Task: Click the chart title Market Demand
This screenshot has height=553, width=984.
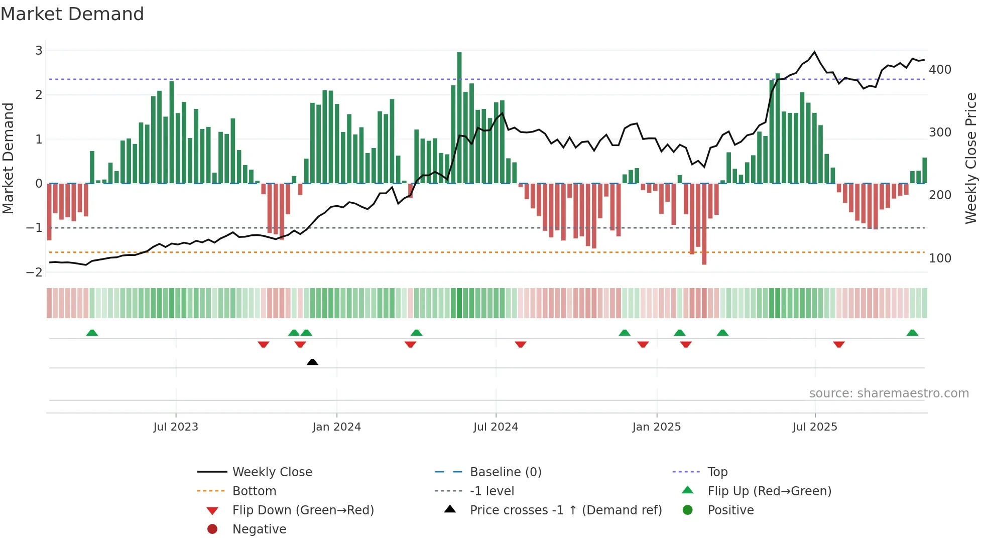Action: coord(72,14)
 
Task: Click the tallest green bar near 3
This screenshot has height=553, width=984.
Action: coord(459,117)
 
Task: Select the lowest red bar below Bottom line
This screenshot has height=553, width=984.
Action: coord(704,224)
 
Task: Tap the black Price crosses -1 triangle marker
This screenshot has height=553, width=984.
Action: coord(312,362)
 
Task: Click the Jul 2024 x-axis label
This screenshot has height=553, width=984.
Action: coord(496,427)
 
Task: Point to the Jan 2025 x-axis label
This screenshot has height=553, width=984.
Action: coord(656,427)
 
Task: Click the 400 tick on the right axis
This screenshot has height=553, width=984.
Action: coord(940,70)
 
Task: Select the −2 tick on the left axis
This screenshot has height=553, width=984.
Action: coord(35,272)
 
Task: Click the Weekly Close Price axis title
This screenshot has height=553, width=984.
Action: coord(971,158)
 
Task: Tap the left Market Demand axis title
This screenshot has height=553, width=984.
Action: coord(9,158)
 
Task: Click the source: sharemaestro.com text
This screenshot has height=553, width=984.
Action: coord(889,393)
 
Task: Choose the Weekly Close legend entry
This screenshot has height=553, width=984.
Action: coord(272,472)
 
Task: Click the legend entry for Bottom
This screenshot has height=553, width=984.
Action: coord(254,491)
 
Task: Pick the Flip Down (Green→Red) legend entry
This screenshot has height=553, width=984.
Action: coord(303,510)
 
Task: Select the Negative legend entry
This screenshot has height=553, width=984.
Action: coord(259,529)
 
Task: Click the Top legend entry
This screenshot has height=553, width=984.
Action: coord(717,472)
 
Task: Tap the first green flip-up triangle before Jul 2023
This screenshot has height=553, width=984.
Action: coord(92,333)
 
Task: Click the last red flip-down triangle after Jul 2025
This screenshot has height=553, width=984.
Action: coord(838,344)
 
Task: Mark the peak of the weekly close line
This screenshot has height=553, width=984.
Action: coord(814,52)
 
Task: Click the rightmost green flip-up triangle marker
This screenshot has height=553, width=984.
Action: coord(912,333)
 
